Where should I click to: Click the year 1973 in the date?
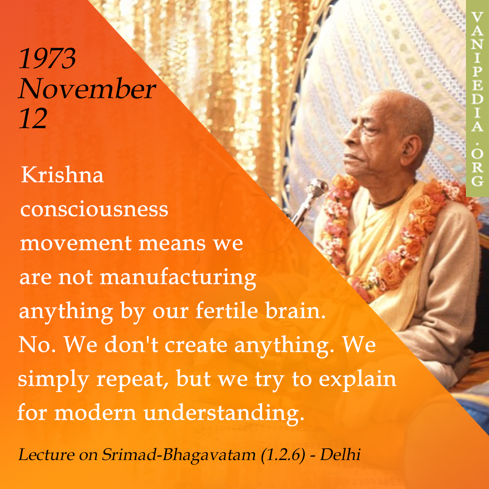48,58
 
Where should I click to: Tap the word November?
87,89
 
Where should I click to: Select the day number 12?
33,119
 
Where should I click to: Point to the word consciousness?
94,209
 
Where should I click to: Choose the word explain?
357,379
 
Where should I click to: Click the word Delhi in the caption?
340,455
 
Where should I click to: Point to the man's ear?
412,150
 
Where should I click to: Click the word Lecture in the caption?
47,455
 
